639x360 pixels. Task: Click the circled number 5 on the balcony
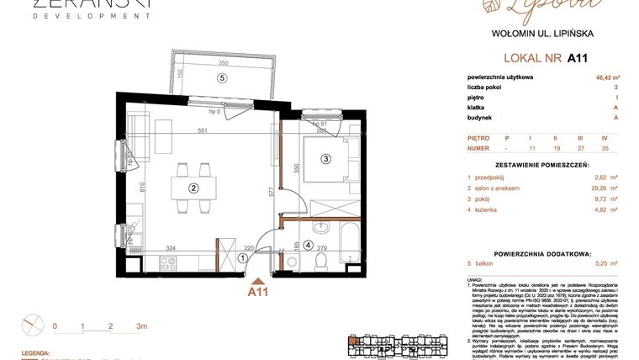click(x=222, y=78)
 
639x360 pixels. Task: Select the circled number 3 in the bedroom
click(x=325, y=158)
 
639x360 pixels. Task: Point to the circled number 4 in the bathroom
click(x=309, y=246)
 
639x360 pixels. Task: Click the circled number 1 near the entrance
click(x=243, y=258)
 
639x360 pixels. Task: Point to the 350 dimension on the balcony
click(x=223, y=63)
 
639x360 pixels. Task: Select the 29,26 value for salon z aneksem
click(x=601, y=188)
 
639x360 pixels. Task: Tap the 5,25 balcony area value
click(x=603, y=263)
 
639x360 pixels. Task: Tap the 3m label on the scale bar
click(x=141, y=326)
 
